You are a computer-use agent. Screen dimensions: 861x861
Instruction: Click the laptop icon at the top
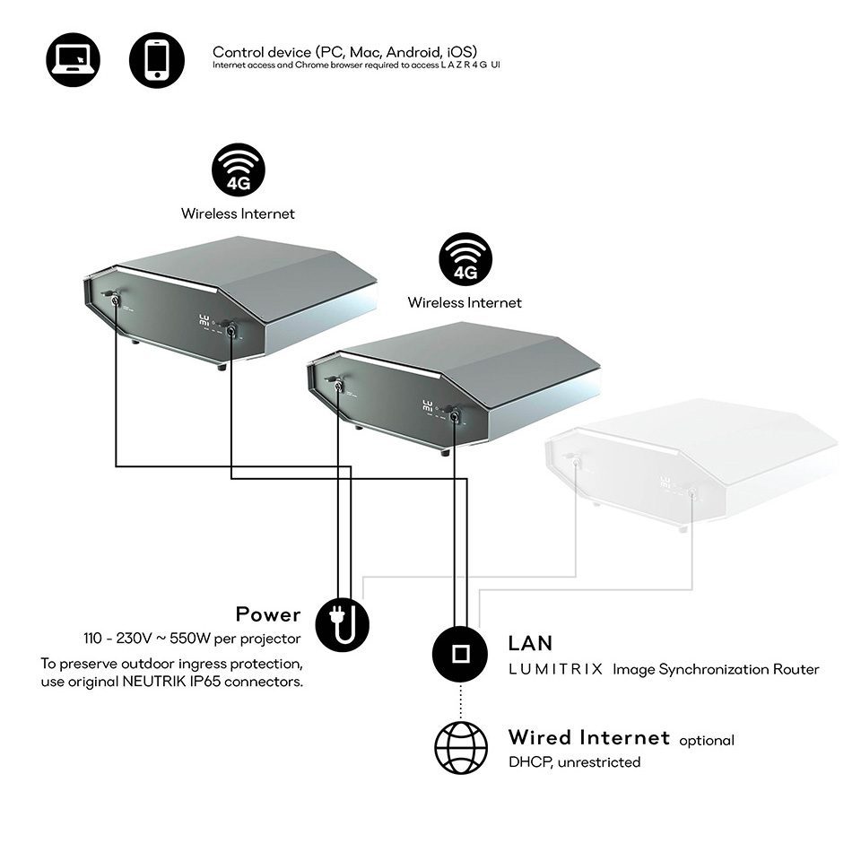[x=73, y=59]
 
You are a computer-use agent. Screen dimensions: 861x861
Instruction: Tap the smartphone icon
[x=157, y=59]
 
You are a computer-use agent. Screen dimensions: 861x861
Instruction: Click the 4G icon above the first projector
[x=239, y=170]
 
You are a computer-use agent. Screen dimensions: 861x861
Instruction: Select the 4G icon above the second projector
[x=465, y=259]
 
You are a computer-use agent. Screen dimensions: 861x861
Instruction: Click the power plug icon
[x=342, y=624]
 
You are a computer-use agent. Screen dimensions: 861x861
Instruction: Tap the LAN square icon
[x=460, y=654]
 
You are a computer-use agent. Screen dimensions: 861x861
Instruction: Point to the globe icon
[x=461, y=748]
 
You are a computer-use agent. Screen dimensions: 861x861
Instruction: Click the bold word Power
[x=268, y=614]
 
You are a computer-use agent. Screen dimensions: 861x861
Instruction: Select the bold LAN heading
[x=530, y=643]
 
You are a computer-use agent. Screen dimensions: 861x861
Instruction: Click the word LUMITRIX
[x=556, y=669]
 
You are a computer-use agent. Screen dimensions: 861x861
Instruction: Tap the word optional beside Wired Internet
[x=707, y=741]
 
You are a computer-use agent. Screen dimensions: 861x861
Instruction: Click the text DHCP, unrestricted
[x=574, y=762]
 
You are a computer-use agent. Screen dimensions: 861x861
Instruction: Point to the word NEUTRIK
[x=150, y=682]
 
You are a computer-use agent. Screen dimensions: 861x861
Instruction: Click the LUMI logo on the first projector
[x=204, y=320]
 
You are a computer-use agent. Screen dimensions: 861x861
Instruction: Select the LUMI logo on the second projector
[x=427, y=406]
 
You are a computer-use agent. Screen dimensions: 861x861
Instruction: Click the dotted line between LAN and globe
[x=460, y=701]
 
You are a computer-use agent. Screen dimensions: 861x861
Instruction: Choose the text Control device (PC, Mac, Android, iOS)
[x=344, y=52]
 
